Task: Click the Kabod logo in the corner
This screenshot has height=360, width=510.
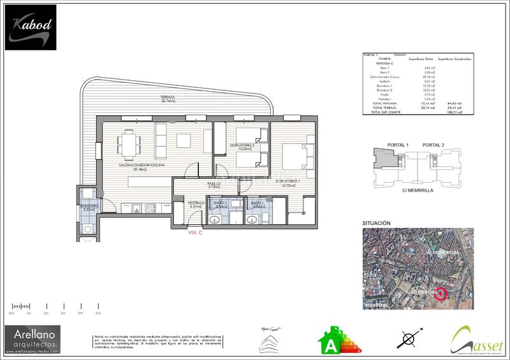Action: point(31,27)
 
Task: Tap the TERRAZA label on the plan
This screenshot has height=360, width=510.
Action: point(168,97)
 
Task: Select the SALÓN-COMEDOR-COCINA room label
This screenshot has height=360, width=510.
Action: point(141,167)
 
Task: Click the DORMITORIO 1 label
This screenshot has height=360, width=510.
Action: point(287,182)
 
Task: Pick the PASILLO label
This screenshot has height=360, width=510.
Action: point(214,184)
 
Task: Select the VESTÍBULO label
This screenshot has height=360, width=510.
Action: point(196,203)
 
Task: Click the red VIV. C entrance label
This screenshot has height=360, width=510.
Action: point(194,233)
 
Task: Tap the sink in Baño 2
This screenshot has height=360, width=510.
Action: point(214,219)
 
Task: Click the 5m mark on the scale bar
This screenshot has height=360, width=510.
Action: point(98,313)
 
